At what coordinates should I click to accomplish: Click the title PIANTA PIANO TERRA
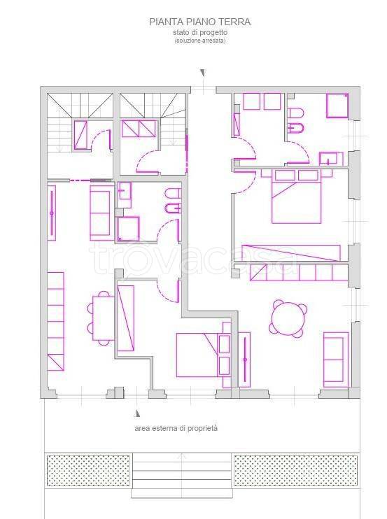click(199, 22)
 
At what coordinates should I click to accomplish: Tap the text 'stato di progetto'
click(200, 33)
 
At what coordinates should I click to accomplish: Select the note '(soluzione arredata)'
click(200, 41)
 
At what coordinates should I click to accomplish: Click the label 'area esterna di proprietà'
click(176, 428)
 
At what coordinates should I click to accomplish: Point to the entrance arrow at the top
click(203, 73)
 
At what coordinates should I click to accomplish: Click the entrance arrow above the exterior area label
click(137, 413)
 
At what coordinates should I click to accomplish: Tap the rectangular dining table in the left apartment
click(103, 318)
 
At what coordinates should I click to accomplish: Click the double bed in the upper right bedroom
click(296, 197)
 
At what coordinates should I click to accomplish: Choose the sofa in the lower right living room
click(335, 360)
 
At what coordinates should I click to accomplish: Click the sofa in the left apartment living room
click(101, 213)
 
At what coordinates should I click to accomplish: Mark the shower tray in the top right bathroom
click(337, 106)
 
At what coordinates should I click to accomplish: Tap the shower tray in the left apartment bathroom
click(128, 229)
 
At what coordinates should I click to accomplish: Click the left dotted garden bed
click(88, 471)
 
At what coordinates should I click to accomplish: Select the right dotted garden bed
click(295, 471)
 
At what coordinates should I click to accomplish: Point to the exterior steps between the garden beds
click(181, 476)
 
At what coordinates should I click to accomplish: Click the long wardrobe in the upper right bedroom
click(291, 253)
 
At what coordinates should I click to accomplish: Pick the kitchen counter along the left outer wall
click(55, 321)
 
